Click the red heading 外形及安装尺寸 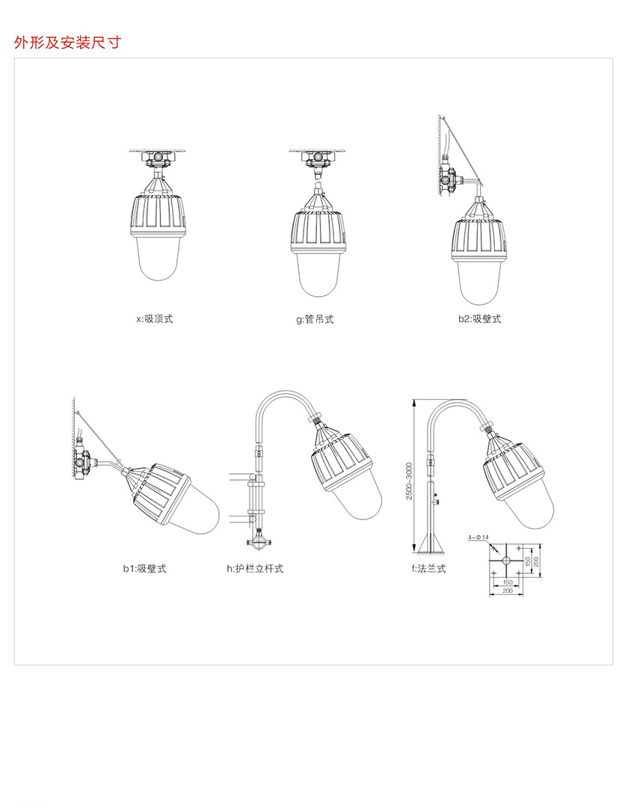coord(67,43)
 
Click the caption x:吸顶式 coord(155,319)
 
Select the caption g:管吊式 coord(315,319)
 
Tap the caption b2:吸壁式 coord(479,319)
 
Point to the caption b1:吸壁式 coord(144,568)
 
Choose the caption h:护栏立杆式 coord(255,568)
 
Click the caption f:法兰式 coord(428,568)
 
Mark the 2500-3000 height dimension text coord(409,481)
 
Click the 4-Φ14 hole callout coord(478,537)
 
